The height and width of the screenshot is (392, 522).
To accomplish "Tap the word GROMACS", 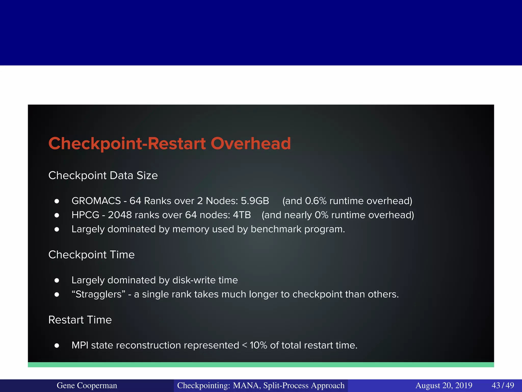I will tap(96, 201).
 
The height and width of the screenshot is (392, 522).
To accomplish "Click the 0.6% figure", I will tap(316, 201).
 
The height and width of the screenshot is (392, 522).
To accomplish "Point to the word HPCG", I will tap(85, 215).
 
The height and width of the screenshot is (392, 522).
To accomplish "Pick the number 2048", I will tap(120, 215).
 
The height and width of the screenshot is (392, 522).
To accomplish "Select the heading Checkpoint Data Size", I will tap(103, 176).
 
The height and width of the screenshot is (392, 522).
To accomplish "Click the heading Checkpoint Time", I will tap(91, 255).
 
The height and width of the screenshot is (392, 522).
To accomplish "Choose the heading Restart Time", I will tap(80, 320).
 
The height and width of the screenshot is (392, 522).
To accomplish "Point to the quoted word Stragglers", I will tap(98, 294).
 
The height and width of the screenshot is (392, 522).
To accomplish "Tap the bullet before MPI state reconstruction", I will tap(57, 346).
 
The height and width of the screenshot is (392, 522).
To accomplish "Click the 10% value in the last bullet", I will tap(258, 345).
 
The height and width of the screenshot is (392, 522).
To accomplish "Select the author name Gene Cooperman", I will tap(87, 385).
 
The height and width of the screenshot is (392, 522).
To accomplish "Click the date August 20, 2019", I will tap(444, 385).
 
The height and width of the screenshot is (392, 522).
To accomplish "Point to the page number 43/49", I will tap(503, 385).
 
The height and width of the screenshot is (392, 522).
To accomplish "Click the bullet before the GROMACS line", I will tap(57, 201).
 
